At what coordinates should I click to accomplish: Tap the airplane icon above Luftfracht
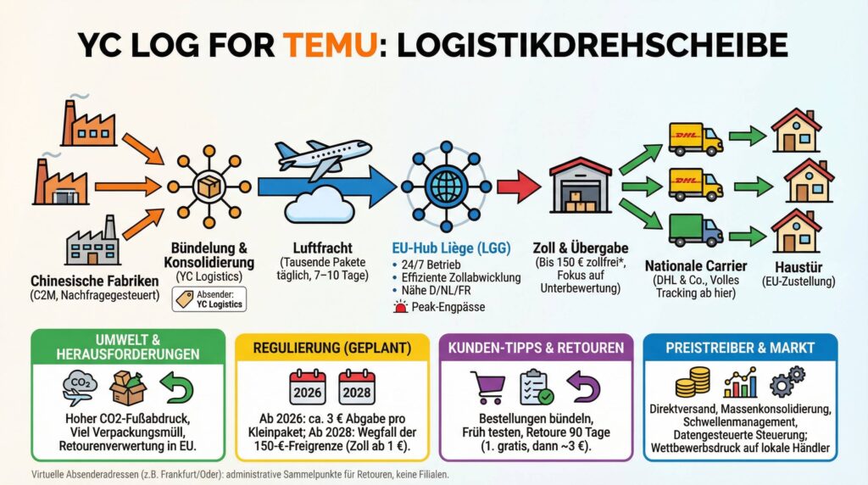pos(323,153)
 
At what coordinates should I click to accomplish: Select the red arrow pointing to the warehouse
pos(518,186)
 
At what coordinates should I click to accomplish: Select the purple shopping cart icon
pos(487,387)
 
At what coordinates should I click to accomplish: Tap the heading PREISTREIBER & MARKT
pos(740,348)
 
